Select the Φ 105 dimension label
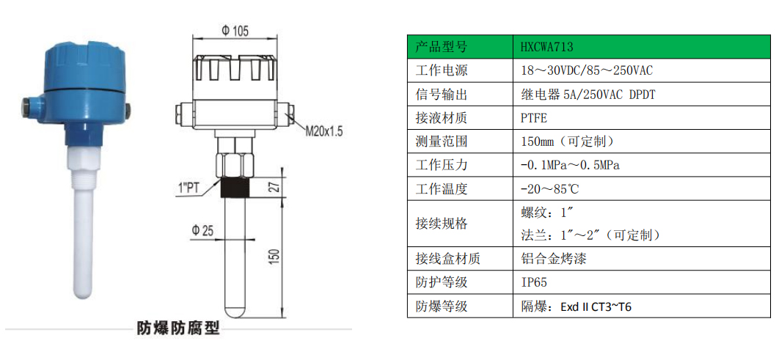pyautogui.click(x=235, y=31)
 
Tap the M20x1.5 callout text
pyautogui.click(x=323, y=131)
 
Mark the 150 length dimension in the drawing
pyautogui.click(x=277, y=256)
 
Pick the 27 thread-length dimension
pyautogui.click(x=277, y=188)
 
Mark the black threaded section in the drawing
pyautogui.click(x=235, y=187)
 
